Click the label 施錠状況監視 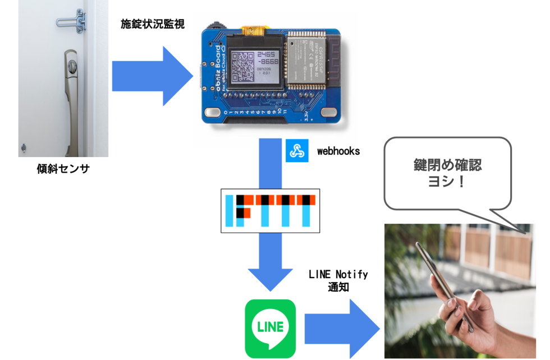[152, 25]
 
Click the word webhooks [338, 151]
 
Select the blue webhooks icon [297, 151]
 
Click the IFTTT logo [270, 211]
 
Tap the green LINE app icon [270, 327]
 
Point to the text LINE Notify [338, 274]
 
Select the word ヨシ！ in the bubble [447, 183]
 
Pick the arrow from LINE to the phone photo [343, 329]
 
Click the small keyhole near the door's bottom [24, 147]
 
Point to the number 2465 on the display [267, 54]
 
